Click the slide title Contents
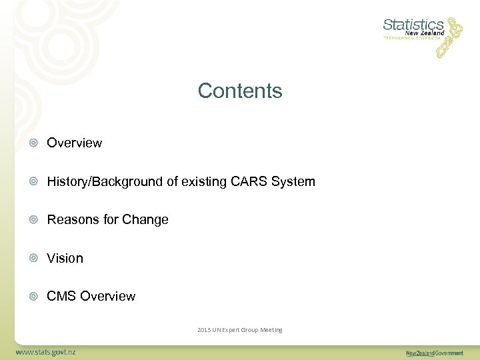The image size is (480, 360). pyautogui.click(x=240, y=91)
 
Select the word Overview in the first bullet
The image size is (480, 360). pyautogui.click(x=74, y=143)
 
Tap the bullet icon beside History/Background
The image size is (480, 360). pyautogui.click(x=33, y=181)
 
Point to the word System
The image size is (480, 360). pyautogui.click(x=293, y=181)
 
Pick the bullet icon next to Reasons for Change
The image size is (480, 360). pyautogui.click(x=33, y=220)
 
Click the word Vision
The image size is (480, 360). pyautogui.click(x=65, y=258)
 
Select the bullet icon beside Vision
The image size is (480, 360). pyautogui.click(x=33, y=258)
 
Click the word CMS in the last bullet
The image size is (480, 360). pyautogui.click(x=61, y=296)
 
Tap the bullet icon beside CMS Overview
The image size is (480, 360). pyautogui.click(x=33, y=297)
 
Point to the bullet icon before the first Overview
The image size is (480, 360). pyautogui.click(x=33, y=143)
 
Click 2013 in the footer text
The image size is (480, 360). pyautogui.click(x=204, y=330)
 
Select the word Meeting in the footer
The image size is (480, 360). pyautogui.click(x=270, y=330)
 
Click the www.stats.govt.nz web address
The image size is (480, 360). pyautogui.click(x=47, y=351)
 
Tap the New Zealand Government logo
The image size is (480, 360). pyautogui.click(x=434, y=353)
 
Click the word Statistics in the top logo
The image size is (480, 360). pyautogui.click(x=413, y=25)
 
